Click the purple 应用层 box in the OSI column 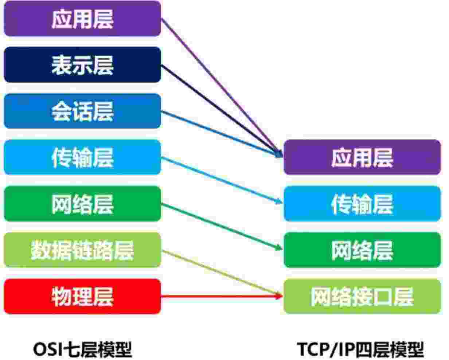point(82,19)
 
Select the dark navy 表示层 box point(82,65)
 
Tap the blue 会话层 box point(82,111)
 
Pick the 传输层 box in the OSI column point(82,157)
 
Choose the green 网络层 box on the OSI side point(82,204)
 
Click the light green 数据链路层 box point(82,250)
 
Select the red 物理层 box point(82,297)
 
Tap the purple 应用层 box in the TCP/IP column point(362,157)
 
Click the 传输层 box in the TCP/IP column point(362,204)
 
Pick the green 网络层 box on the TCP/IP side point(362,250)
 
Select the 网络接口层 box point(362,297)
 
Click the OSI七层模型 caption point(82,349)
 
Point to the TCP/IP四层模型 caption point(361,349)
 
